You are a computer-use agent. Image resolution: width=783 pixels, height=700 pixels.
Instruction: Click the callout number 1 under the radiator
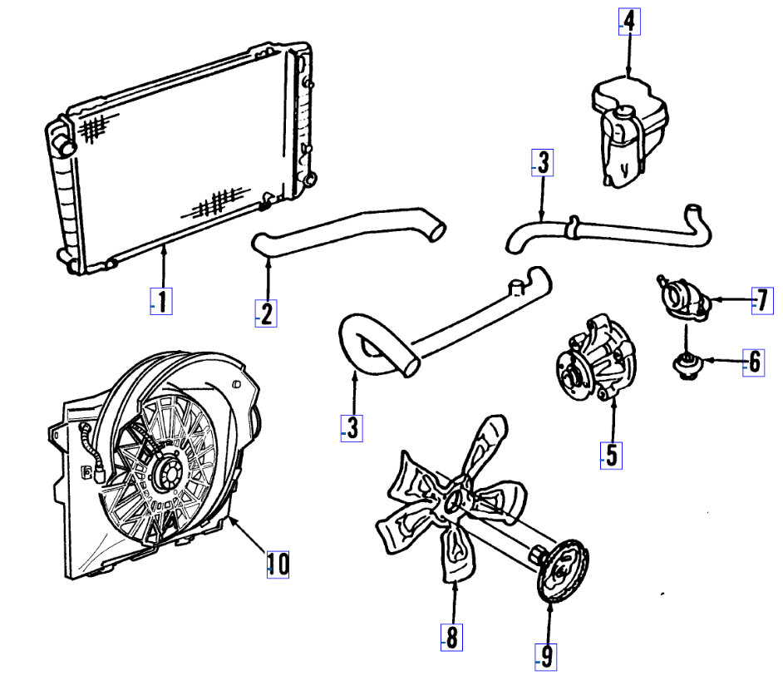pyautogui.click(x=162, y=301)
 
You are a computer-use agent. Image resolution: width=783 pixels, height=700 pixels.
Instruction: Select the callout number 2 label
pyautogui.click(x=266, y=313)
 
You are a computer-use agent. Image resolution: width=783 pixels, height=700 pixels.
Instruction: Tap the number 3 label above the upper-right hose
pyautogui.click(x=542, y=164)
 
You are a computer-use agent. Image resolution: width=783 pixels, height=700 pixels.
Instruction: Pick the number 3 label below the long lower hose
pyautogui.click(x=352, y=428)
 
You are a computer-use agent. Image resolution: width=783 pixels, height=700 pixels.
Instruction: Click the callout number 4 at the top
pyautogui.click(x=629, y=21)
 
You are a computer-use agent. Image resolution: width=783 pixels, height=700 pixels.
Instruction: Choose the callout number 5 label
pyautogui.click(x=611, y=455)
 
